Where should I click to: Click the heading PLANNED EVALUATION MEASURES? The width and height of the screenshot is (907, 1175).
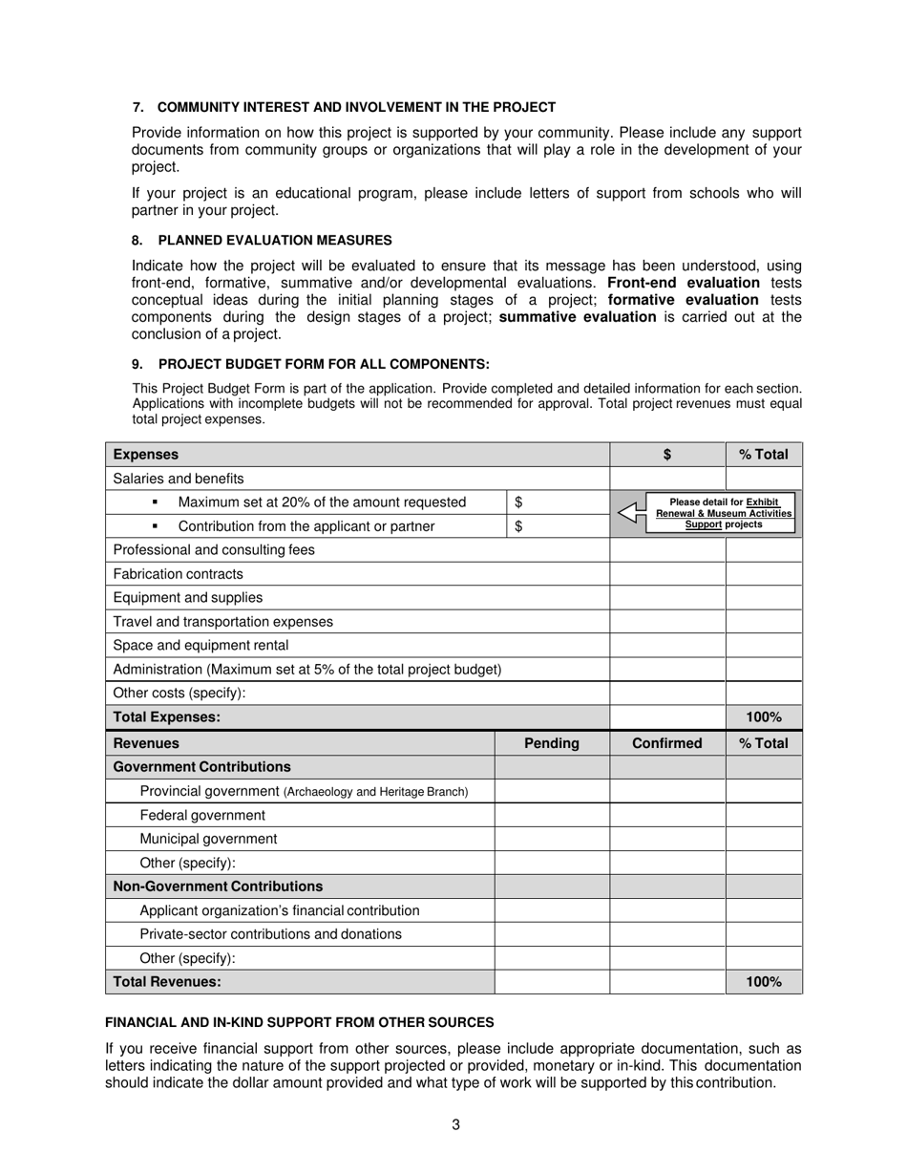274,240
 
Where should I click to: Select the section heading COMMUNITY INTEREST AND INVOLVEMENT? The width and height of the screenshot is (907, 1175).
356,107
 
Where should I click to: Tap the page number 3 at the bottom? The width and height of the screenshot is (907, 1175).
455,1124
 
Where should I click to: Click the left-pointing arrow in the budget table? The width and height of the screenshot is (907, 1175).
629,513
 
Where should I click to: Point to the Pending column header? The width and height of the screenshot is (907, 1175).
552,743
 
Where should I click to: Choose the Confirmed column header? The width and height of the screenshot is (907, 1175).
667,743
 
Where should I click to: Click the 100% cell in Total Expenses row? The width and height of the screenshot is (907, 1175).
764,717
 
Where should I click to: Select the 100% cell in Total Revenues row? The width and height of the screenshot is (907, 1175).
764,981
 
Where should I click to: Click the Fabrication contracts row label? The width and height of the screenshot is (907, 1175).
179,574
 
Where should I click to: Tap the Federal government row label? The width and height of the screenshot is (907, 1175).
202,815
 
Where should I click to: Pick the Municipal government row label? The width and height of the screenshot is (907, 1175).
208,839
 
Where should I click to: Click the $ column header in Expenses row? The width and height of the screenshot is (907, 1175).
667,455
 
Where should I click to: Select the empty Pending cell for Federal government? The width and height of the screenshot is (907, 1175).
552,815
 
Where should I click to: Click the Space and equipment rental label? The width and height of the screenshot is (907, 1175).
200,646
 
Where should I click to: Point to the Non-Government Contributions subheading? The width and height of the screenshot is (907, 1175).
218,887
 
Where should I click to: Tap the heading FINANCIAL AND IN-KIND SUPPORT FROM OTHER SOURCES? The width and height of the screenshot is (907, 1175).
299,1021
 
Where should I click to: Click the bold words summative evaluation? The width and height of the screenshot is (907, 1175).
578,317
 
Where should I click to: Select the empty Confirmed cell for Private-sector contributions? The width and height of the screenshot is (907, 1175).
667,934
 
